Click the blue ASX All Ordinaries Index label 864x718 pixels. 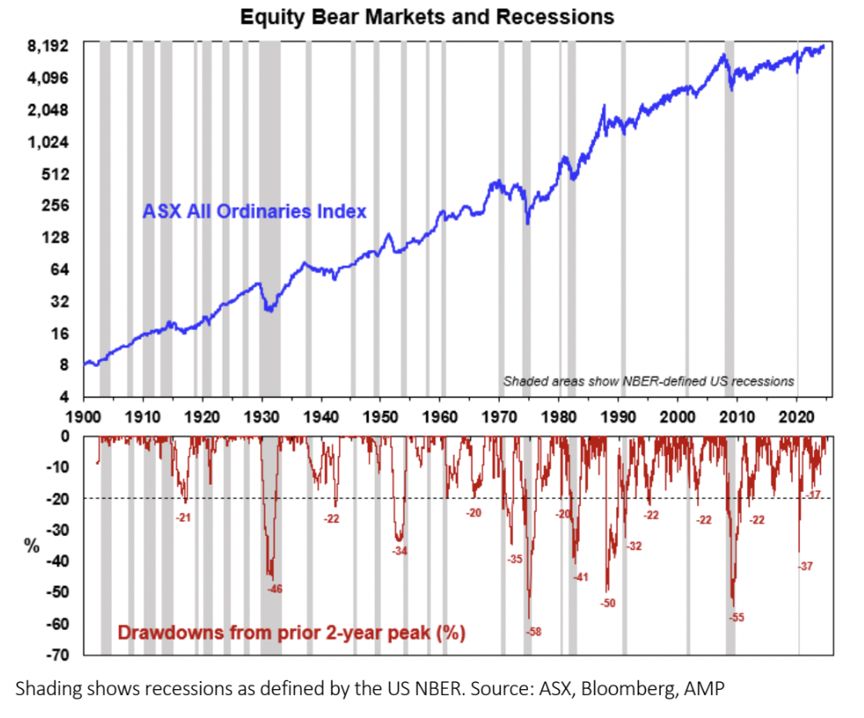[x=254, y=211]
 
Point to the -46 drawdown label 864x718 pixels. [x=275, y=588]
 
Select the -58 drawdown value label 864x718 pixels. [x=533, y=632]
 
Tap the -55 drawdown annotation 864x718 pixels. [x=736, y=618]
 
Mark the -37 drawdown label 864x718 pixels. [x=804, y=566]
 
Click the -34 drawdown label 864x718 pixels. [x=399, y=551]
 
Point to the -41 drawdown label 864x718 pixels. [x=580, y=577]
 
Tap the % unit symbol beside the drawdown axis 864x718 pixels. [x=32, y=546]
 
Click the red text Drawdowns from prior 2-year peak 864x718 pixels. [x=291, y=632]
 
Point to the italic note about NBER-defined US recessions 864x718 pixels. [x=648, y=381]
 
